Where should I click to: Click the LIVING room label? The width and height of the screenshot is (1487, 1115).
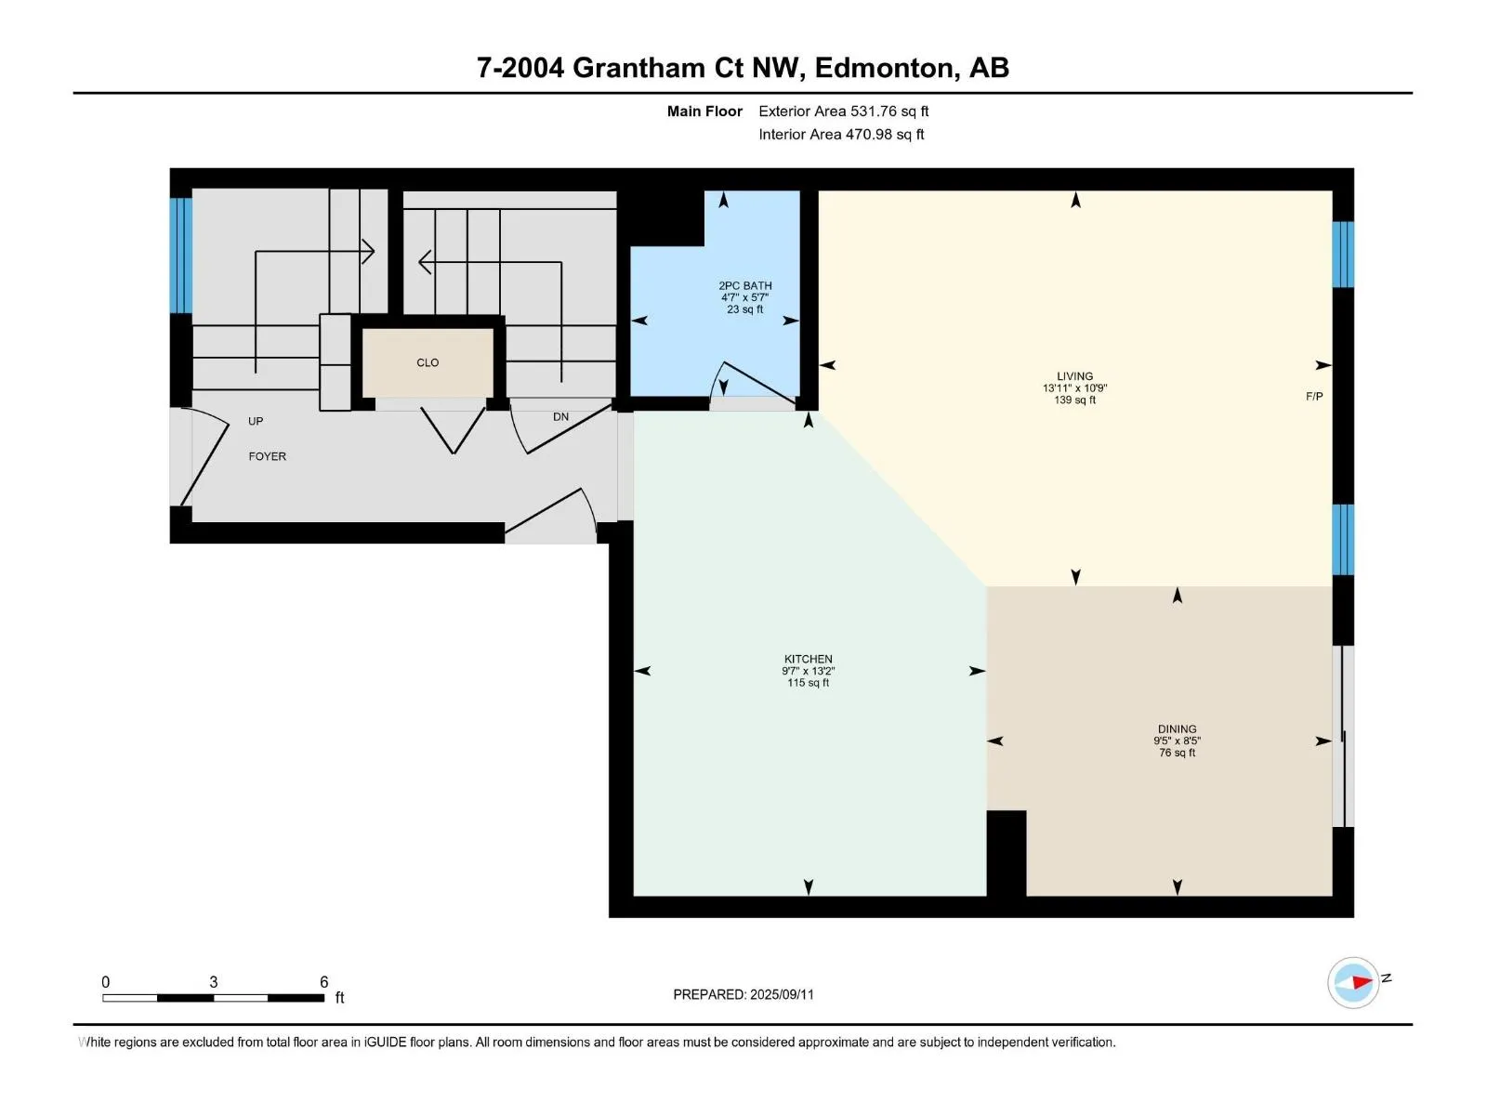(1074, 375)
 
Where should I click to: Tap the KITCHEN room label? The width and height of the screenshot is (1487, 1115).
(808, 659)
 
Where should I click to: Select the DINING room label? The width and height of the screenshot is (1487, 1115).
(1177, 729)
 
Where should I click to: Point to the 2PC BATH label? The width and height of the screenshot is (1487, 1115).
(744, 285)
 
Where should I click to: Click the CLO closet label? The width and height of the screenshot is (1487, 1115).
(428, 363)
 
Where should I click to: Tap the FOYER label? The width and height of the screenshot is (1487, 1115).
(267, 456)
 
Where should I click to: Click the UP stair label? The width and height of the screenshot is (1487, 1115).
(256, 421)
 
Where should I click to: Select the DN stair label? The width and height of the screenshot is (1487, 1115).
(560, 417)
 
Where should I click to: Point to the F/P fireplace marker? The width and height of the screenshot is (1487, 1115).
(1313, 397)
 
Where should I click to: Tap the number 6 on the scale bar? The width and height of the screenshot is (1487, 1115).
(323, 981)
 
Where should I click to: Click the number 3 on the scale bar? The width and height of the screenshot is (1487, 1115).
(214, 981)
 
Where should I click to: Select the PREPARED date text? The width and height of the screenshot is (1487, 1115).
(743, 994)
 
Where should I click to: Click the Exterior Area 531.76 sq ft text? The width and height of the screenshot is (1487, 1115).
(844, 111)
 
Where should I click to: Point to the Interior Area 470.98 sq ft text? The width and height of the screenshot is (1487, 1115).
(841, 134)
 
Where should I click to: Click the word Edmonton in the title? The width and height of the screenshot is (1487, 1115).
(886, 68)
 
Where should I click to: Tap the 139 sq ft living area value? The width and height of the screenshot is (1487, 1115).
(1074, 400)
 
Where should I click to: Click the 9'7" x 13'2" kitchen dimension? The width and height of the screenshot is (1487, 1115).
(808, 671)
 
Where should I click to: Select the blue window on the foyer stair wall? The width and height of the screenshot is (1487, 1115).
(181, 256)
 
